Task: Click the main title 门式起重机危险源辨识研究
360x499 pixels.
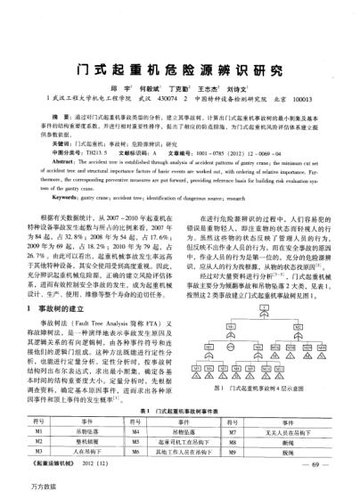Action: pos(179,70)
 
